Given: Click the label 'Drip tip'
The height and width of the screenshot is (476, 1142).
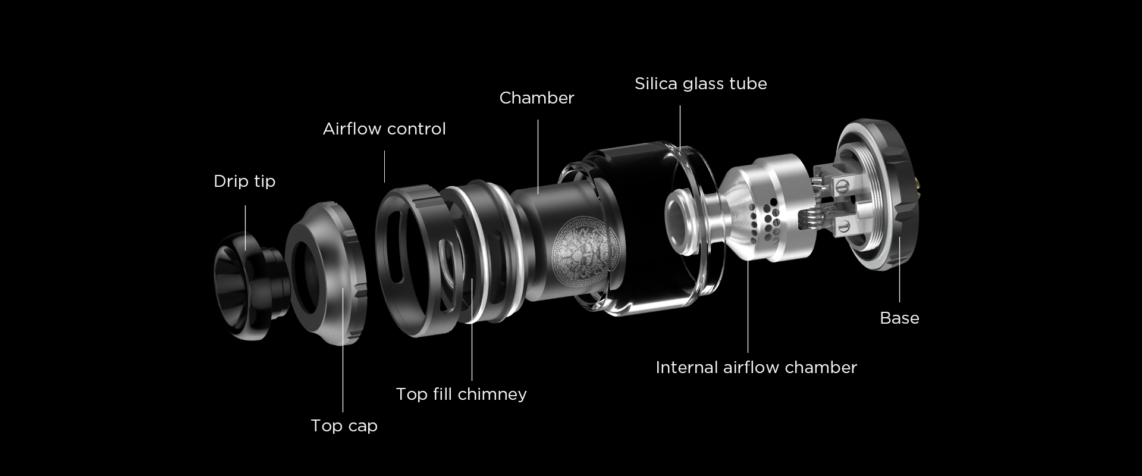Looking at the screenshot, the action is pyautogui.click(x=244, y=181).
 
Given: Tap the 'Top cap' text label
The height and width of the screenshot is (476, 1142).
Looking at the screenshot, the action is pyautogui.click(x=344, y=426).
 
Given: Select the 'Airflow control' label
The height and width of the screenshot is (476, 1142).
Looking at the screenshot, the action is pyautogui.click(x=384, y=129).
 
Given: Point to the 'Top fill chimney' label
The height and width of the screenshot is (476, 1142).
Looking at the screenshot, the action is pyautogui.click(x=462, y=394).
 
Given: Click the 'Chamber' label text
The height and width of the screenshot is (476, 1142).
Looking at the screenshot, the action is pyautogui.click(x=537, y=98).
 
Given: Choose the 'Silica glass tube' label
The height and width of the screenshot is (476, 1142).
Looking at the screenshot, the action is pyautogui.click(x=701, y=83).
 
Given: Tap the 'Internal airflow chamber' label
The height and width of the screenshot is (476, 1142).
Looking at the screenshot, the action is pyautogui.click(x=756, y=367).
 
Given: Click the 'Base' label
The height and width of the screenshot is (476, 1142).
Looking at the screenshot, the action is pyautogui.click(x=899, y=318).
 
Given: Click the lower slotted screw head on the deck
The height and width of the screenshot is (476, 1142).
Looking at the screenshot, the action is pyautogui.click(x=845, y=225).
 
